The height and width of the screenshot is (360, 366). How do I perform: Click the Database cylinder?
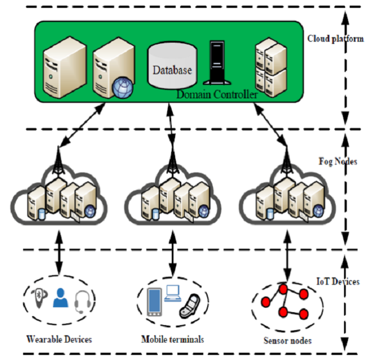click(x=172, y=66)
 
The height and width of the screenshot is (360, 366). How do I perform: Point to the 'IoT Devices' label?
click(x=336, y=282)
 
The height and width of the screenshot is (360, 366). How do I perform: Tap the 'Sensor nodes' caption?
click(x=288, y=340)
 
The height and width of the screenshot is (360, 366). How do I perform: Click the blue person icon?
click(x=60, y=298)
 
